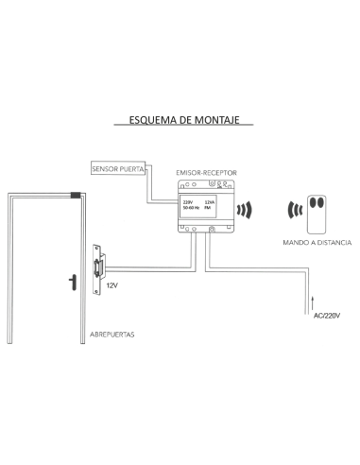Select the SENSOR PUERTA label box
117,169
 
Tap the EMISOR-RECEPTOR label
207,175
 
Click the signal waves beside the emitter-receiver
247,209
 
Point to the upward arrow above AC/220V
310,302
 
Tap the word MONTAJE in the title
226,122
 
